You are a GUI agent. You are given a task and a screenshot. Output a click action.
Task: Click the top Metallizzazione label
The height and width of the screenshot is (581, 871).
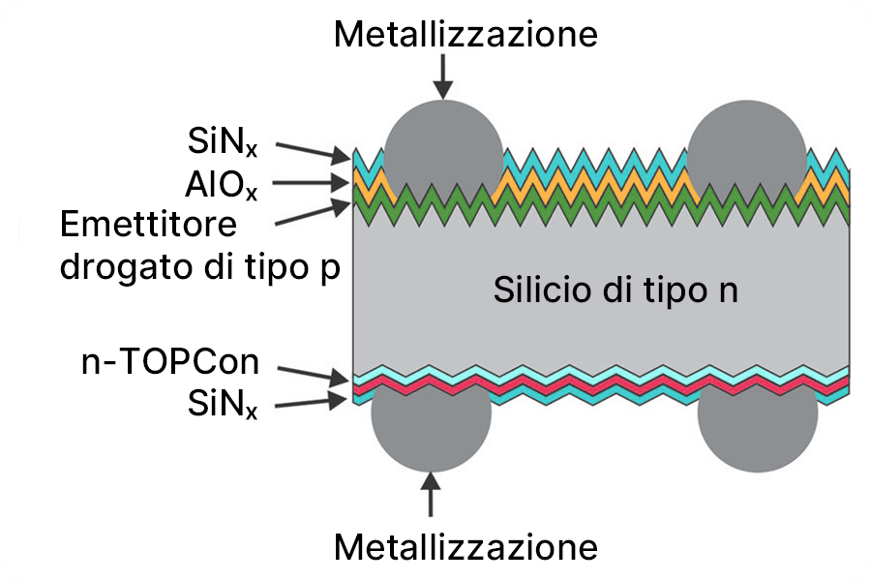[466, 35]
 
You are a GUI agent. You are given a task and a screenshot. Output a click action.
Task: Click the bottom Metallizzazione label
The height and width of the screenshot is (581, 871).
[466, 547]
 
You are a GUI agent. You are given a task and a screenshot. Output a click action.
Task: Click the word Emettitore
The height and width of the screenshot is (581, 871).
[148, 225]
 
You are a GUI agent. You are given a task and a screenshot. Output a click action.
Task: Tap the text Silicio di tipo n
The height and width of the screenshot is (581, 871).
[616, 290]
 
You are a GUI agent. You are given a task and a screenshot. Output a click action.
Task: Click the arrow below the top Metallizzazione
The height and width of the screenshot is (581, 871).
[443, 76]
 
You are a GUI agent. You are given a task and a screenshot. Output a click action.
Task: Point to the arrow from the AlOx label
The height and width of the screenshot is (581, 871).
[312, 182]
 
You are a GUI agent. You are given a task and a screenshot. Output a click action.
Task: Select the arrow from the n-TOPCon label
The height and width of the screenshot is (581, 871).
[312, 372]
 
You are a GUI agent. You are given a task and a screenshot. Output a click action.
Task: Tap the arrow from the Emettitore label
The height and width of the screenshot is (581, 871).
[312, 213]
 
